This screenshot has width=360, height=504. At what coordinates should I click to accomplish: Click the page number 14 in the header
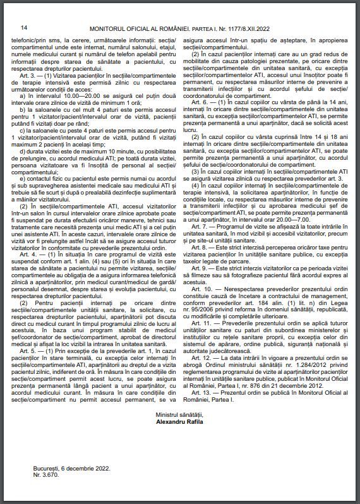click(24, 28)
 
